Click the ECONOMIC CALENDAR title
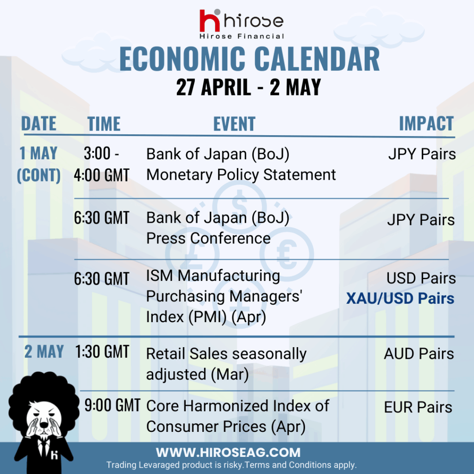(249, 59)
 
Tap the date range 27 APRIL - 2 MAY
(249, 87)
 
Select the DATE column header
(39, 123)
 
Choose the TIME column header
(104, 124)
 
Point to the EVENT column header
(234, 124)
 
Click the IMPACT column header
(426, 123)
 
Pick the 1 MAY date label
(38, 153)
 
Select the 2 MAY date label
(44, 352)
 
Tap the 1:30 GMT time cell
(102, 352)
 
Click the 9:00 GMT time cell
(112, 405)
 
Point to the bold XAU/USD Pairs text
(400, 299)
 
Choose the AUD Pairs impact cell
(419, 354)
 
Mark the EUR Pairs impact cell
(418, 407)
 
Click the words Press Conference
(208, 238)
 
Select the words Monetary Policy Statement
(241, 175)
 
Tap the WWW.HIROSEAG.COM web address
(228, 453)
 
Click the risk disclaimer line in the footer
(231, 465)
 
